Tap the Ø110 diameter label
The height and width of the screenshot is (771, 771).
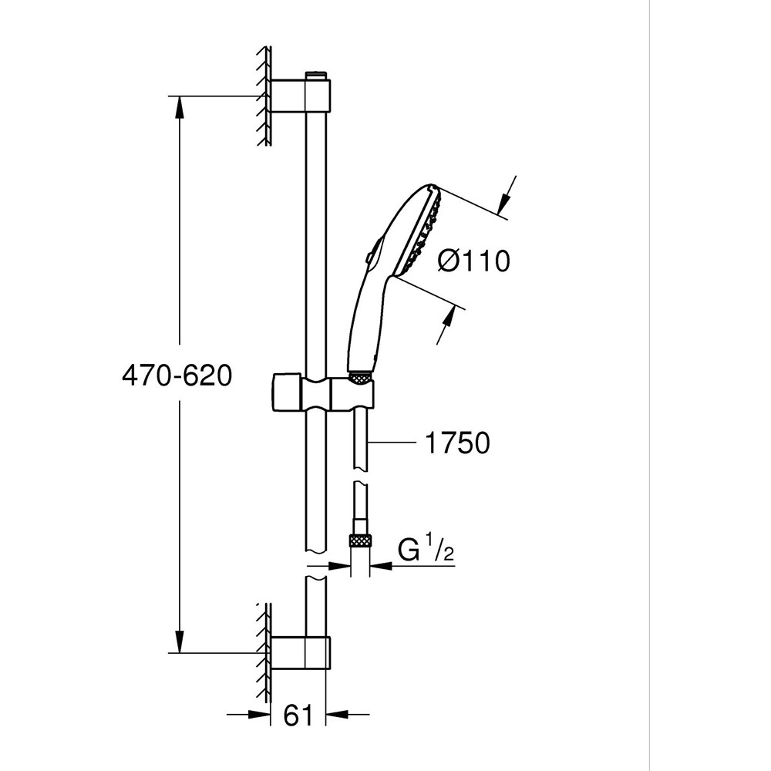tap(473, 261)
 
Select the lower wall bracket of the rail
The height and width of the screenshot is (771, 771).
tap(301, 652)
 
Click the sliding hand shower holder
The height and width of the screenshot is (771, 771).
tap(324, 393)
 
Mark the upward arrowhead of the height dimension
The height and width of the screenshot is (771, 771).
tap(180, 108)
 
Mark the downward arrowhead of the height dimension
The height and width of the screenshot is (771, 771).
tap(180, 641)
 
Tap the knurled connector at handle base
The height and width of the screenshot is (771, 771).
tap(359, 377)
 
